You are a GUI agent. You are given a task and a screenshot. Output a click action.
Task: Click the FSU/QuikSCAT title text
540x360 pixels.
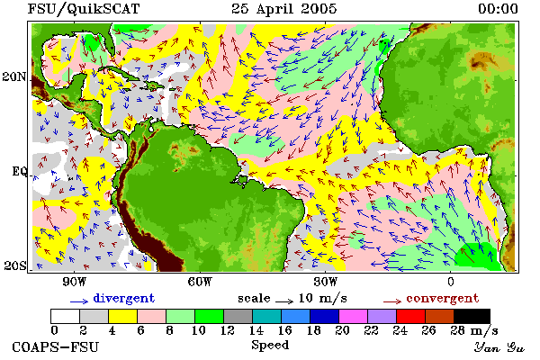click(84, 9)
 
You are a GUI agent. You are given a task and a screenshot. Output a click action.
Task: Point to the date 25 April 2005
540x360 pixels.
click(283, 9)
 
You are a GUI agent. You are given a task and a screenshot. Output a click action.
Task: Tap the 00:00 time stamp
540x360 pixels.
click(498, 9)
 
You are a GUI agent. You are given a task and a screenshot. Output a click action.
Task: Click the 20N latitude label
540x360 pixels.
click(14, 76)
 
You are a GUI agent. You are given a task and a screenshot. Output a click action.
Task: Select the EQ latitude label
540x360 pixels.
click(20, 171)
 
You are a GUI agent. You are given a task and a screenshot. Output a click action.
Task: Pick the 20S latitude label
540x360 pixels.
click(14, 265)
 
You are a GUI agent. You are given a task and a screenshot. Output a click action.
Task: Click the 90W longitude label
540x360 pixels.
click(74, 282)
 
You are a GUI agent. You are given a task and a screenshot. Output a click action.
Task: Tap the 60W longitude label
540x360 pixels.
click(200, 282)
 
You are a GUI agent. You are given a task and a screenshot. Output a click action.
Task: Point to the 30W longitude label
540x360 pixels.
click(325, 282)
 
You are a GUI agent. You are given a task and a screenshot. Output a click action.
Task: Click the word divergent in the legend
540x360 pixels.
click(124, 298)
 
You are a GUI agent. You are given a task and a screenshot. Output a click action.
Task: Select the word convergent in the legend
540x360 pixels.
click(443, 298)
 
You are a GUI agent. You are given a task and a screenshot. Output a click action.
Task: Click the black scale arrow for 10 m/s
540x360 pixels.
click(284, 301)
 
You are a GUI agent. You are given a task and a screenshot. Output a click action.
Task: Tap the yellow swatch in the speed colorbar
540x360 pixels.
click(122, 316)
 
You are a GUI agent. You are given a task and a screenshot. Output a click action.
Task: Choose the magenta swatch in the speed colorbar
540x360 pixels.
click(354, 316)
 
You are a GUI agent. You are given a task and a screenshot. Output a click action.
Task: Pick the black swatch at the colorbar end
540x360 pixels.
click(472, 316)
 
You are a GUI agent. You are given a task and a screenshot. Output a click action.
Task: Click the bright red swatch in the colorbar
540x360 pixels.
click(411, 316)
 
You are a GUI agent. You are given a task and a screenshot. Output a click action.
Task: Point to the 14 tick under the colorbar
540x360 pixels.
click(256, 330)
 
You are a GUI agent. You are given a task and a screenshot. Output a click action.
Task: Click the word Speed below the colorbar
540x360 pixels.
click(270, 345)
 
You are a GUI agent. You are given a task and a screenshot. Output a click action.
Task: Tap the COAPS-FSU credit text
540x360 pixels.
click(55, 346)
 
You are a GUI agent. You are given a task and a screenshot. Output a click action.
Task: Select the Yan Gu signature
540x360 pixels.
click(499, 347)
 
